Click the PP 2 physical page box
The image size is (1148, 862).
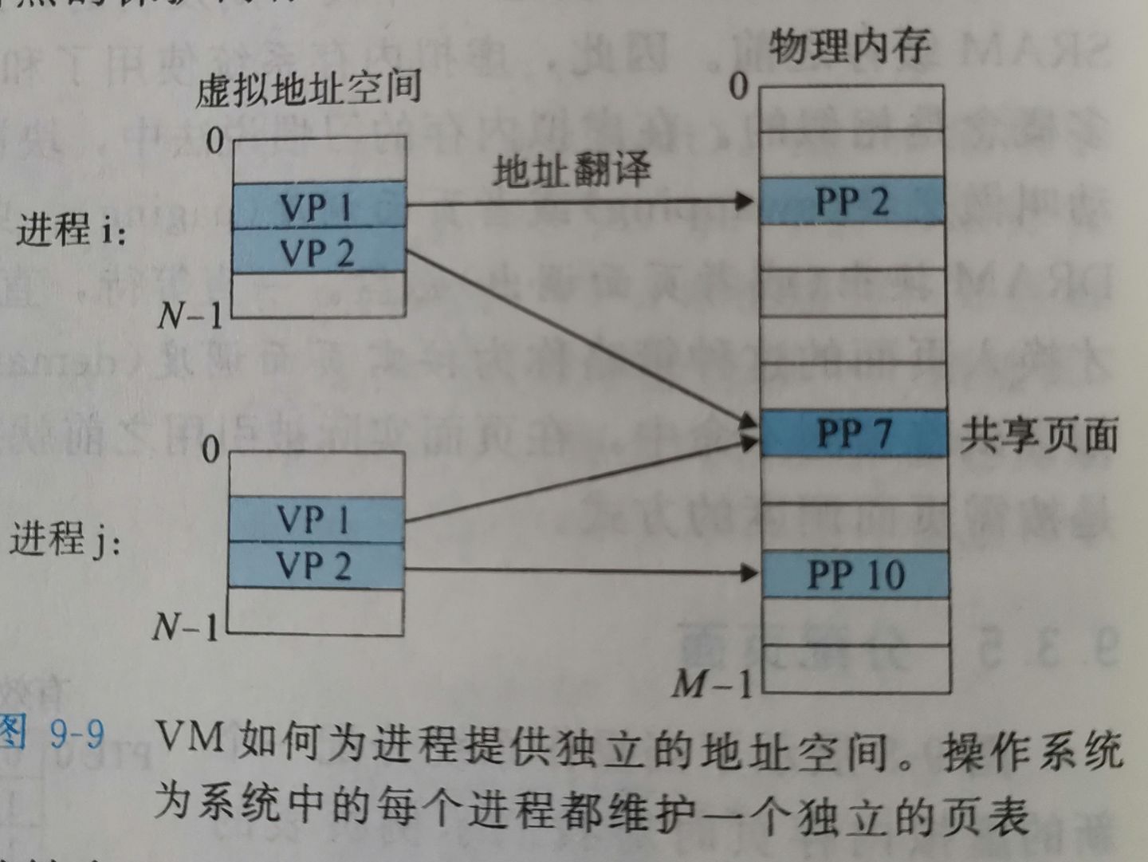coord(851,201)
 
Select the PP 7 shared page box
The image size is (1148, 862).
coord(854,434)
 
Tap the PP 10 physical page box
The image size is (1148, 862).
coord(855,575)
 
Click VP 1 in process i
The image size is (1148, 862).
coord(318,207)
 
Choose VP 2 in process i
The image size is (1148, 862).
coord(318,253)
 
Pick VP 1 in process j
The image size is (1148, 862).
coord(316,520)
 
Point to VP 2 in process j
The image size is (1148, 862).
coord(316,566)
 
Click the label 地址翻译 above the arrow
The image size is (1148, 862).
coord(572,169)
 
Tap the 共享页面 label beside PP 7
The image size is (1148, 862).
coord(1038,435)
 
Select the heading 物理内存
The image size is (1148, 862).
coord(849,45)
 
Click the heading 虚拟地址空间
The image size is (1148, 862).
coord(309,88)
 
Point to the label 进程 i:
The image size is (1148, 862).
coord(70,230)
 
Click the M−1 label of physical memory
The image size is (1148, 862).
coord(713,683)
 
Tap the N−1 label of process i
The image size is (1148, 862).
coord(190,316)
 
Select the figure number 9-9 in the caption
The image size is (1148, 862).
coord(77,732)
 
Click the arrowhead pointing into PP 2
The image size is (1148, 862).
coord(745,201)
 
